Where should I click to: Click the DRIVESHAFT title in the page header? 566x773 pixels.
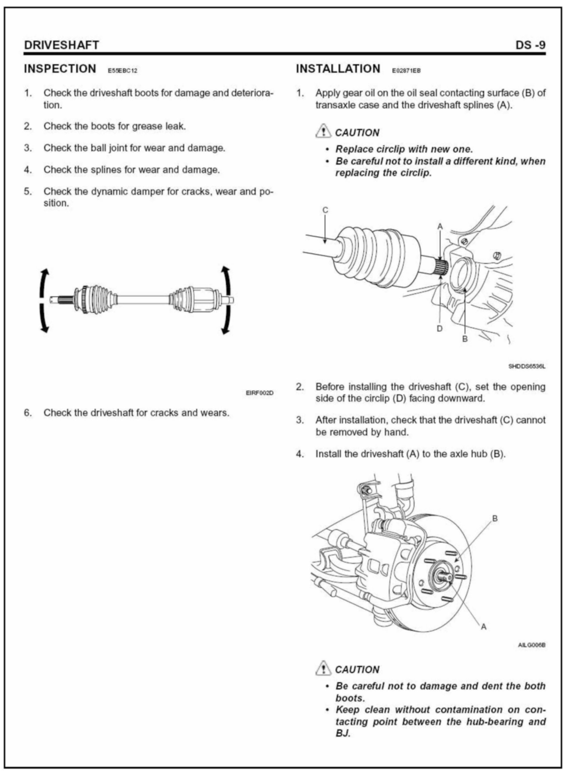pos(61,45)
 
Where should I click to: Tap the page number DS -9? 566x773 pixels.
pos(530,45)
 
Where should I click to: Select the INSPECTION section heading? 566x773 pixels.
pos(60,69)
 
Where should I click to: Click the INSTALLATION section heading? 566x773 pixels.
pos(338,69)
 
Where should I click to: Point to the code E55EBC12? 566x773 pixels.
pos(122,71)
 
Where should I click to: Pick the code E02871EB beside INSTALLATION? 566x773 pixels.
pos(406,71)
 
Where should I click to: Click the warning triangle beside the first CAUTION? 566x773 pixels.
pos(322,132)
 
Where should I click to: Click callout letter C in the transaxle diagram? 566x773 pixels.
pos(325,210)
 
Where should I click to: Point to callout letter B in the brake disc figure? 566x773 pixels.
pos(495,519)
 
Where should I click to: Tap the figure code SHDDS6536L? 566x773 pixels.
pos(527,366)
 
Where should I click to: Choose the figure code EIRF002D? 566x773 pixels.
pos(260,393)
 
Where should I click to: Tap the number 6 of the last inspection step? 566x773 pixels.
pos(27,413)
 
